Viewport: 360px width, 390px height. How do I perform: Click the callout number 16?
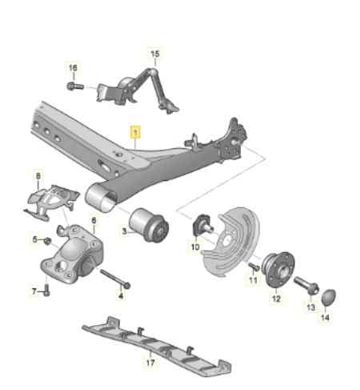coord(73,67)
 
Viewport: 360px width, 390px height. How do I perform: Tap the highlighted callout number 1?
coord(136,131)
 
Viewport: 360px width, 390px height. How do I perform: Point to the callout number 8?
coord(37,175)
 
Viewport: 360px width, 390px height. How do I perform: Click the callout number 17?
coord(150,361)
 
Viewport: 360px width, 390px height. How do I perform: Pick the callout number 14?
coord(325,319)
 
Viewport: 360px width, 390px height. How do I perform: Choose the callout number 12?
coord(277,300)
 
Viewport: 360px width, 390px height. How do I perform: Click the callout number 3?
coord(125,231)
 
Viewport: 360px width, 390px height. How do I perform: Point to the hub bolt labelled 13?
coord(305,285)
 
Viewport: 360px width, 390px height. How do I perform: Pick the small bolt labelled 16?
coord(74,85)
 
